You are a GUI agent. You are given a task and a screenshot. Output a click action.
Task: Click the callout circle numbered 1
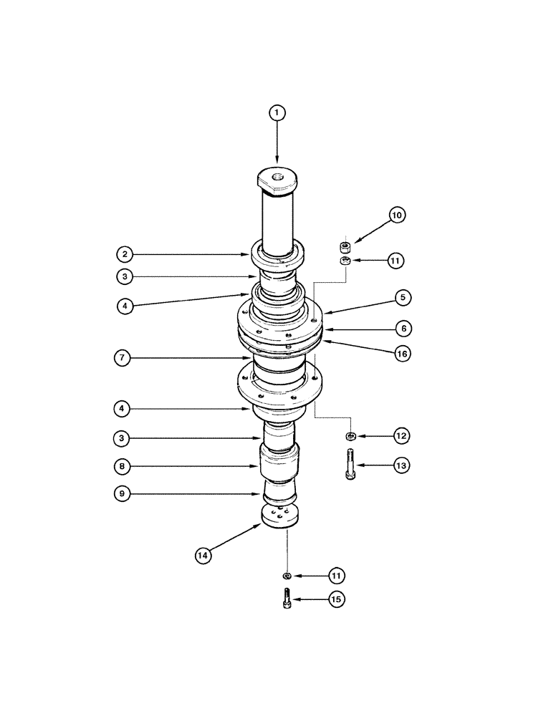pos(277,112)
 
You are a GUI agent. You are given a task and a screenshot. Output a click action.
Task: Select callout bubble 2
pos(124,253)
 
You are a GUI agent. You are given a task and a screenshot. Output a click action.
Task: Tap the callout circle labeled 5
pos(403,296)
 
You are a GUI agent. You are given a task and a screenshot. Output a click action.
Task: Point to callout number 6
pos(403,328)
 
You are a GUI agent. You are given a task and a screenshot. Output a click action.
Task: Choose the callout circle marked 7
pos(124,358)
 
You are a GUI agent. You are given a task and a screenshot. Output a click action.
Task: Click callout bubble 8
pos(124,465)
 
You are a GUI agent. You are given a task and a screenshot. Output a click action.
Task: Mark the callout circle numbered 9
pos(124,494)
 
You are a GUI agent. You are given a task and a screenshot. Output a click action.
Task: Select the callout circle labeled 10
pos(397,215)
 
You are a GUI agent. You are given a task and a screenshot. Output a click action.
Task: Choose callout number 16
pos(403,354)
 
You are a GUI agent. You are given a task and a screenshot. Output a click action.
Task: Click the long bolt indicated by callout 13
pos(350,464)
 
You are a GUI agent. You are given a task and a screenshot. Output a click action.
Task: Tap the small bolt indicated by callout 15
pos(287,599)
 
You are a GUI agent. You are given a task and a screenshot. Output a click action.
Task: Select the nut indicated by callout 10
pos(344,248)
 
